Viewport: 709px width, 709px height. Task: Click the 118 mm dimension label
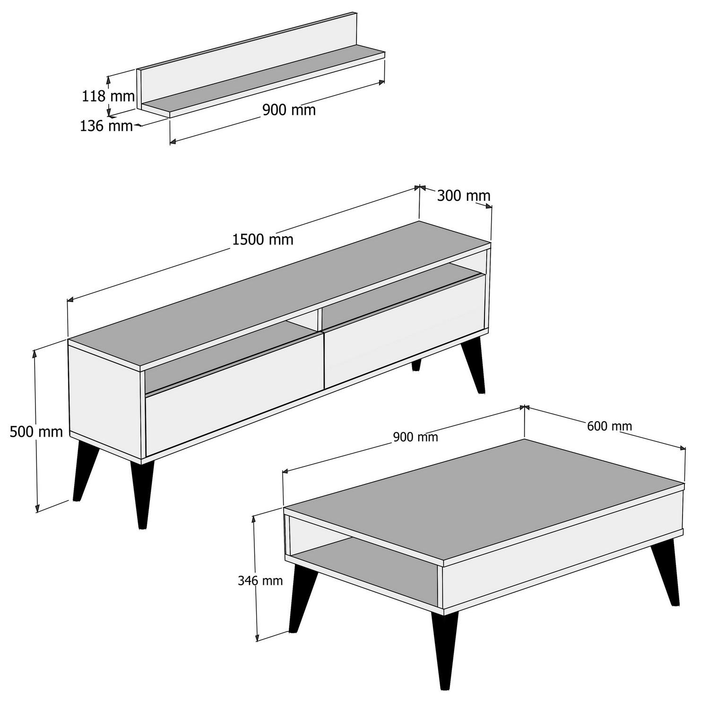[x=108, y=96]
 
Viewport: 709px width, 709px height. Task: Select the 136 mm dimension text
[x=106, y=126]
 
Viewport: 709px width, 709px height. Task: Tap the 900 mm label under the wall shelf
[x=289, y=110]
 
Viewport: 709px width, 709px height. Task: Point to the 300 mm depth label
[x=463, y=195]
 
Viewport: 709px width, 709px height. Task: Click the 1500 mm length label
[x=263, y=240]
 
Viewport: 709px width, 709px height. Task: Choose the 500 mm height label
[x=36, y=432]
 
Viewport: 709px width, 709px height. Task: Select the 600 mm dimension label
[x=609, y=426]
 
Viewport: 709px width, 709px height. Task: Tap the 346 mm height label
[x=260, y=580]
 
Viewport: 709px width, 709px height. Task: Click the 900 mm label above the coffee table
[x=415, y=437]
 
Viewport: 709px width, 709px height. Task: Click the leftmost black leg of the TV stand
[x=85, y=470]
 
